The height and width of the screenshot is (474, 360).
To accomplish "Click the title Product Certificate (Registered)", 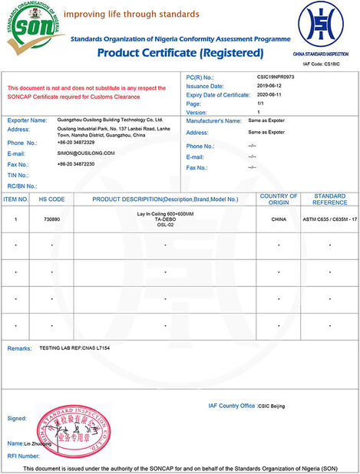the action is click(180, 53).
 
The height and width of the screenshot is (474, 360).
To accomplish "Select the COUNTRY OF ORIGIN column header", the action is click(279, 199).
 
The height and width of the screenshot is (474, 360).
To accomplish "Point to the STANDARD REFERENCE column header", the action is click(330, 199).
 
